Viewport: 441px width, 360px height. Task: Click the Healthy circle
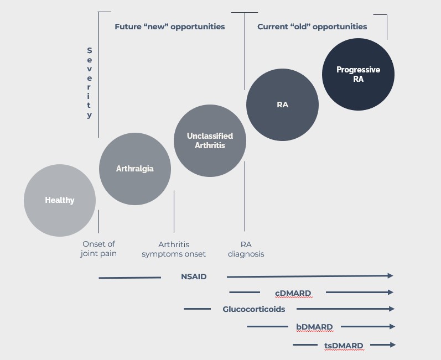coord(60,200)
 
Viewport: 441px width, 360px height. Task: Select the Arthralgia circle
coord(134,169)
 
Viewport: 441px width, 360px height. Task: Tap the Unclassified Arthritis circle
coord(210,140)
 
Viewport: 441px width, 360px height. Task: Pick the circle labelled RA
coord(282,105)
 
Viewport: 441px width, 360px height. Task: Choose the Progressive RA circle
coord(358,74)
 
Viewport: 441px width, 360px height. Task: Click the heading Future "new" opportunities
coord(169,27)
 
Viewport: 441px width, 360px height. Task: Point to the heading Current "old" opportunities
coord(312,27)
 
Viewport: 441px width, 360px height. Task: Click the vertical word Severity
coord(89,83)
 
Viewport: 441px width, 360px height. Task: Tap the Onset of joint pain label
coord(100,249)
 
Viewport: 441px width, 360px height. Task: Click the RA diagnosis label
coord(246,249)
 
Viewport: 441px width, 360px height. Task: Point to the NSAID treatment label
coord(194,276)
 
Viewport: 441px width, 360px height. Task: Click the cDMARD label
coord(293,293)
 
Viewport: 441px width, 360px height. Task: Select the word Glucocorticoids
coord(254,309)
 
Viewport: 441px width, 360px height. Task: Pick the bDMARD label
coord(314,327)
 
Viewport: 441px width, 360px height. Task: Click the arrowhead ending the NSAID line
coord(390,275)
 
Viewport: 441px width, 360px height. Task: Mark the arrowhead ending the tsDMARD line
coord(392,345)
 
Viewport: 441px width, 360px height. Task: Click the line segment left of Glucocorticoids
coord(197,309)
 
